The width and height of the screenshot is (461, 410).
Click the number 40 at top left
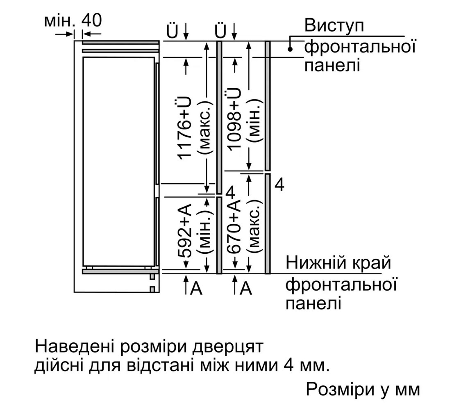(92, 20)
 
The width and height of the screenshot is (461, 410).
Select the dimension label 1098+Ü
(234, 119)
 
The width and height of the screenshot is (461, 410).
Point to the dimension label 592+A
(185, 230)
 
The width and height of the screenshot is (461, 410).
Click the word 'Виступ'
(334, 25)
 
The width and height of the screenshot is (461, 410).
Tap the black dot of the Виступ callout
(290, 50)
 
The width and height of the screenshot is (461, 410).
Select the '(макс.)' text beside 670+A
(254, 228)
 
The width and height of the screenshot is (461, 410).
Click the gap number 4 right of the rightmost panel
(279, 185)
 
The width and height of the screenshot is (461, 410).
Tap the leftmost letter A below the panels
(196, 288)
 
